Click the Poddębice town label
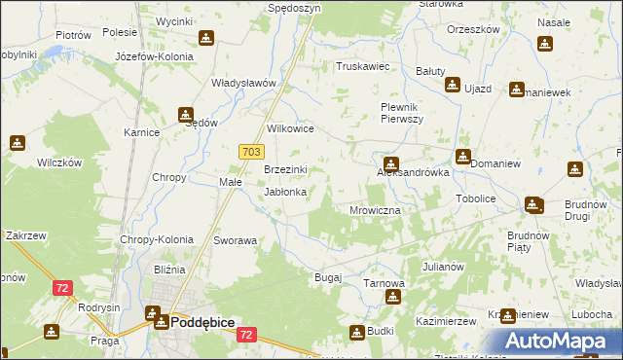point(202,320)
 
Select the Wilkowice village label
point(290,127)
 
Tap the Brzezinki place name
point(286,169)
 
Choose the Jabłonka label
point(286,193)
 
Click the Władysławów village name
point(245,83)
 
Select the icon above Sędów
point(186,115)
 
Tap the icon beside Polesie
point(206,39)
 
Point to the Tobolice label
point(476,198)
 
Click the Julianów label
point(443,266)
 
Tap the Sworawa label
point(235,239)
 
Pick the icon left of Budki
point(357,333)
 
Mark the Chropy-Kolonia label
point(156,239)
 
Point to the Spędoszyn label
point(293,7)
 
